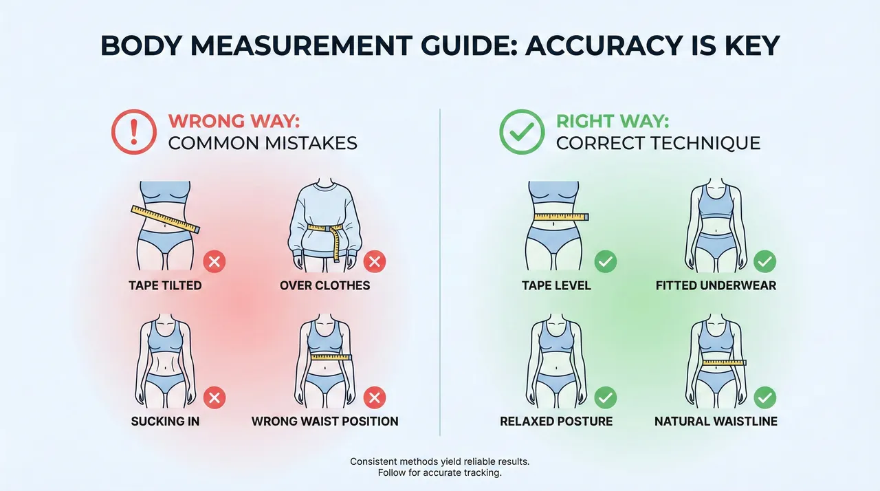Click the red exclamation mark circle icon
134,132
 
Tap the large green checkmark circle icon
522,132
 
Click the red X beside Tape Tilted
214,261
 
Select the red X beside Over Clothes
375,261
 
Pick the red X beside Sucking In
214,398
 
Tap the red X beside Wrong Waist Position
375,398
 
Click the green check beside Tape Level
606,261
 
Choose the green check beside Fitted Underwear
765,261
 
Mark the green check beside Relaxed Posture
606,398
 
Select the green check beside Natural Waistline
765,398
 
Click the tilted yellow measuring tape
166,219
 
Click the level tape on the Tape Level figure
561,217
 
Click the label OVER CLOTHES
325,285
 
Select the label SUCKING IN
165,422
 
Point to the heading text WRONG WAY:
234,121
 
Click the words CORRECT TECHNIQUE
659,143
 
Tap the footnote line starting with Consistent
439,461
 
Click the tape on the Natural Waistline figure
724,363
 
